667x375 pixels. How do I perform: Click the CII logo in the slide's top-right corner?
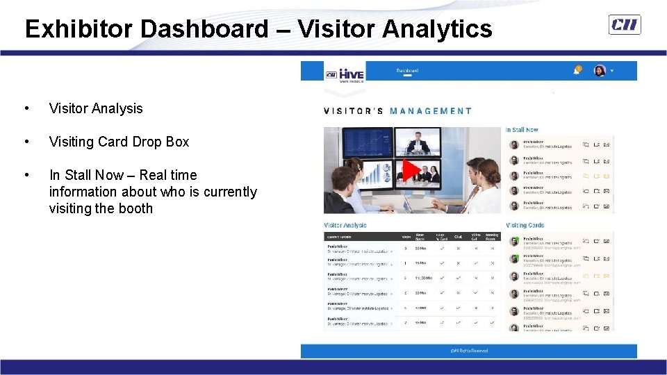click(x=625, y=25)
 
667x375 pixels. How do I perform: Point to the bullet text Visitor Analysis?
click(x=96, y=108)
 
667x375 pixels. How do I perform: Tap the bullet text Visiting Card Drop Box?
click(x=119, y=142)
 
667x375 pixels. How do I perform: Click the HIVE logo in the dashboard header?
click(x=345, y=73)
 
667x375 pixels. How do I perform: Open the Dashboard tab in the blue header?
click(x=407, y=70)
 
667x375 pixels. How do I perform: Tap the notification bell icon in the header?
click(x=578, y=69)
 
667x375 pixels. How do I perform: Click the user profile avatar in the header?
click(x=600, y=70)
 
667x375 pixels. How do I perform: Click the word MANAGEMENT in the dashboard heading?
click(x=430, y=110)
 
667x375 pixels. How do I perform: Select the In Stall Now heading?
click(x=522, y=130)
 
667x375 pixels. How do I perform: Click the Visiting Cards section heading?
click(x=525, y=225)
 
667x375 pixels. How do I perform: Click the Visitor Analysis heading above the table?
click(x=345, y=225)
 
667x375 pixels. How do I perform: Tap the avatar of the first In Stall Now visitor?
click(x=514, y=144)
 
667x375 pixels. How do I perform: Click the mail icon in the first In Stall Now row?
click(x=607, y=145)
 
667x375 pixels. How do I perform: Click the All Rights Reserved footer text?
click(x=469, y=351)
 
